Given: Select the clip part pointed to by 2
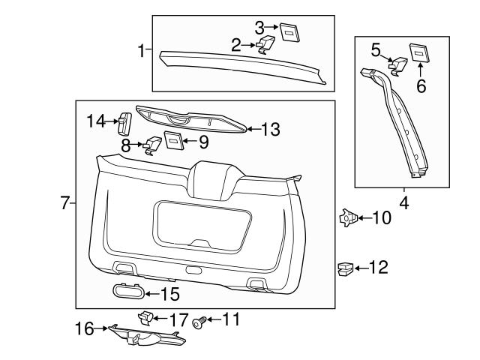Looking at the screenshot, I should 265,46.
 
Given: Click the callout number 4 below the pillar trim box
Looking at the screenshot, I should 403,202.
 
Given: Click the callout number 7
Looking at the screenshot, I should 65,202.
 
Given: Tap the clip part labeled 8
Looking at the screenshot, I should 154,143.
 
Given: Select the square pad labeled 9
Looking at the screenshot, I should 173,139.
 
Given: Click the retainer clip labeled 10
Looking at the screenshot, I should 346,218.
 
